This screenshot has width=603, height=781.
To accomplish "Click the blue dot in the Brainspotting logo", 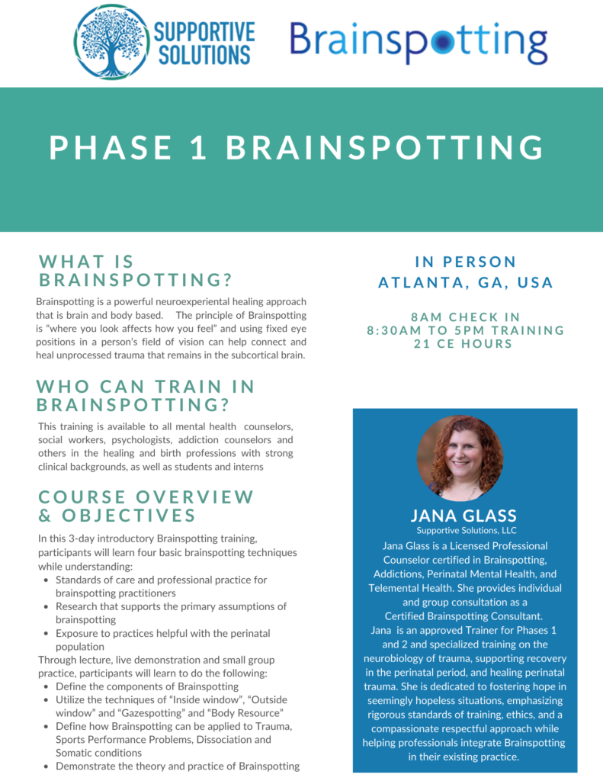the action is pyautogui.click(x=441, y=43).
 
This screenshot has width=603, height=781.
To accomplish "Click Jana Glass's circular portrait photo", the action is pyautogui.click(x=460, y=458).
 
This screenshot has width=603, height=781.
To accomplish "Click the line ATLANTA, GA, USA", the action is pyautogui.click(x=466, y=282).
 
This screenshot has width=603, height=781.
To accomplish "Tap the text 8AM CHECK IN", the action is pyautogui.click(x=466, y=317).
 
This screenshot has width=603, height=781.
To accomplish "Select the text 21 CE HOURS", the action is pyautogui.click(x=466, y=343).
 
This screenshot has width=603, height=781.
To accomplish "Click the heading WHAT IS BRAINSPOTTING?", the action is pyautogui.click(x=136, y=271).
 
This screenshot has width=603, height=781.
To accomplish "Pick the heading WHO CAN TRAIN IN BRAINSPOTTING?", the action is pyautogui.click(x=146, y=394).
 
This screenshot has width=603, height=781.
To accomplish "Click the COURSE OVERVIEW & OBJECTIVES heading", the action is pyautogui.click(x=146, y=506).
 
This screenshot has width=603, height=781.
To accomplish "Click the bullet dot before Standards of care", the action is pyautogui.click(x=47, y=580).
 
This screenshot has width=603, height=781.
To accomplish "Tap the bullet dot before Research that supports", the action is pyautogui.click(x=47, y=607).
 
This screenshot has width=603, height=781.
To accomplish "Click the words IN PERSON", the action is pyautogui.click(x=466, y=262).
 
